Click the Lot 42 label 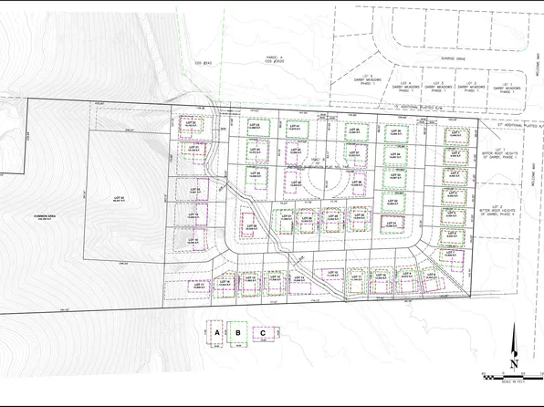118,198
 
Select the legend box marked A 217,334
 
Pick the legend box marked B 239,334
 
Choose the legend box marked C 264,334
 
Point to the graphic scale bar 511,376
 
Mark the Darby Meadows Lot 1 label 502,88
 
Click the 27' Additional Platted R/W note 520,126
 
